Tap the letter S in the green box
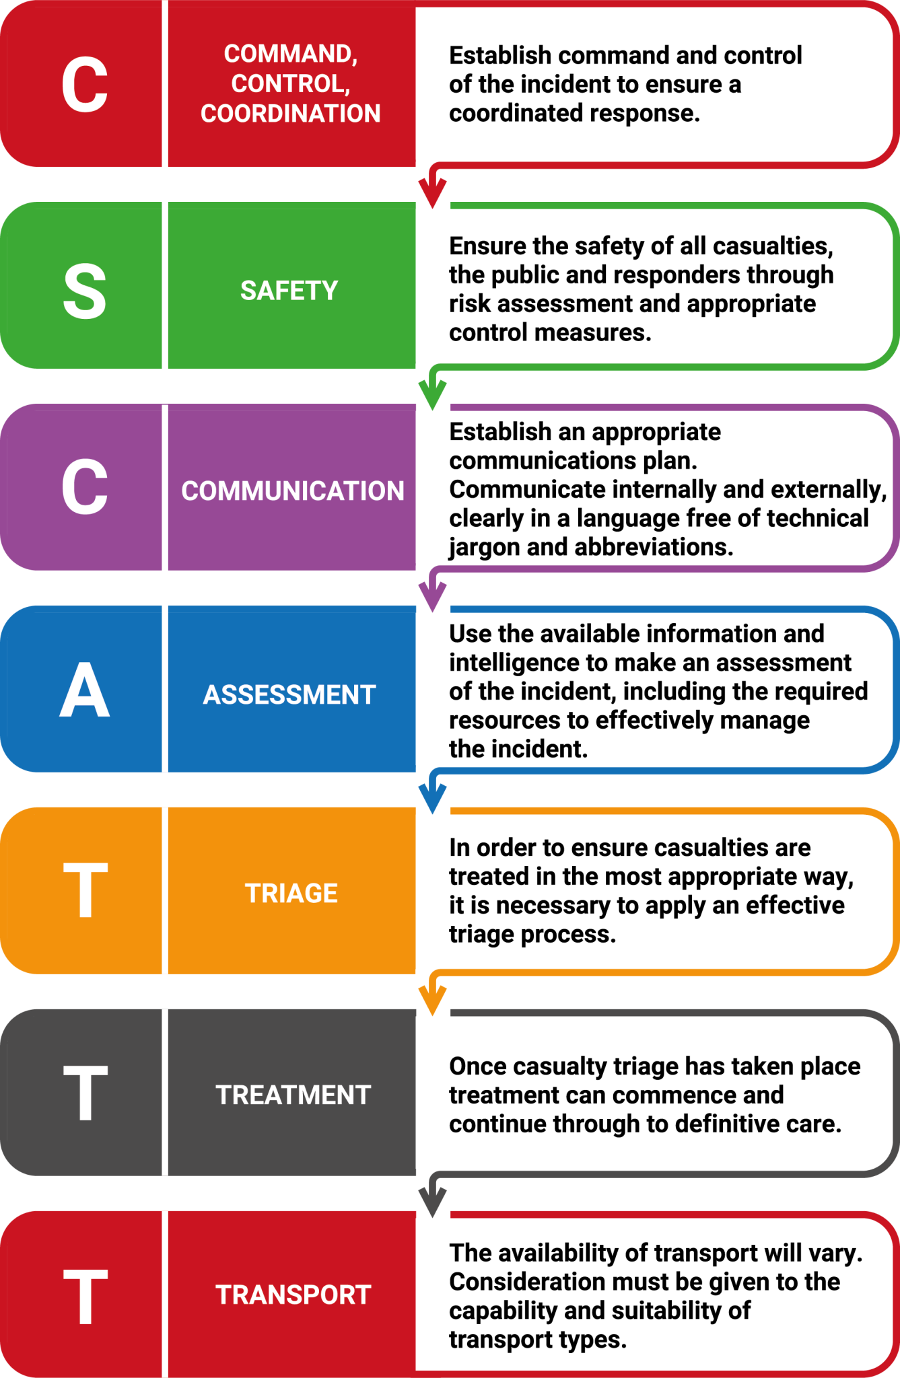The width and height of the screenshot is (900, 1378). [x=85, y=291]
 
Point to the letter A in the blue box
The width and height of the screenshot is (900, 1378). [x=85, y=690]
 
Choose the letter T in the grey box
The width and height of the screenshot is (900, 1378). [x=85, y=1093]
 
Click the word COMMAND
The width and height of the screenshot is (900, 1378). [x=290, y=53]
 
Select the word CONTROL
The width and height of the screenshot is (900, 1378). [x=290, y=83]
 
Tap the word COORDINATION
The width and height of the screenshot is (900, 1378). [x=290, y=113]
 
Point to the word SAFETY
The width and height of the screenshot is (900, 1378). [x=289, y=291]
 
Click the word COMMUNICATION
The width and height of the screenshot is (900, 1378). [x=293, y=491]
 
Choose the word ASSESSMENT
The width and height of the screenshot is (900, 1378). [x=289, y=694]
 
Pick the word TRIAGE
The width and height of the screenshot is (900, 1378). [x=291, y=894]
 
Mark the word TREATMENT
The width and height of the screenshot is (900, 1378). [x=293, y=1095]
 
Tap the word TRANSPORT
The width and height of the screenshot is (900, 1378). [x=293, y=1295]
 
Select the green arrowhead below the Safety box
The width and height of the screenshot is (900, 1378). [x=433, y=394]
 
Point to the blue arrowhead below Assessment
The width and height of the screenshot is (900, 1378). [x=433, y=798]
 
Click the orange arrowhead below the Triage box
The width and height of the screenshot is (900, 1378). [x=433, y=1000]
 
